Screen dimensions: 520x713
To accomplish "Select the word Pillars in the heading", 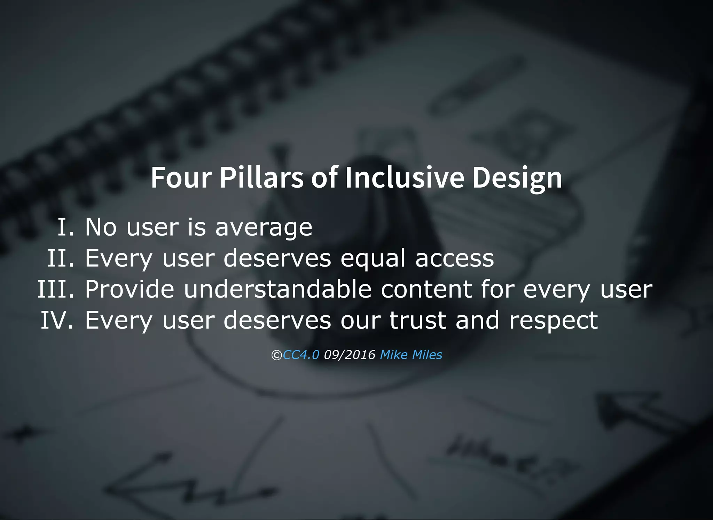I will (261, 178).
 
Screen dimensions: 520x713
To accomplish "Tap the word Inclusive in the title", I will (404, 178).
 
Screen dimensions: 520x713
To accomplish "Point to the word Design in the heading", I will (517, 178).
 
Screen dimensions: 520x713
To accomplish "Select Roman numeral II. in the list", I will (61, 258).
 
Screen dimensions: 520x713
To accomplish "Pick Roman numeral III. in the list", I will (56, 289).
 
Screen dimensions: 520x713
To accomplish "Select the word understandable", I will (277, 289).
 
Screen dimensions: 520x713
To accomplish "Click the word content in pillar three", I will (426, 290).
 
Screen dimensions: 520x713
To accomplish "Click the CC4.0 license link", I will (301, 355).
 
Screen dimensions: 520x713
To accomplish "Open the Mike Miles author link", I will (411, 355).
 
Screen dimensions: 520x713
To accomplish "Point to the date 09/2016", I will (350, 355).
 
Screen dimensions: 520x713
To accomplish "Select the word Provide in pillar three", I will (130, 289).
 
